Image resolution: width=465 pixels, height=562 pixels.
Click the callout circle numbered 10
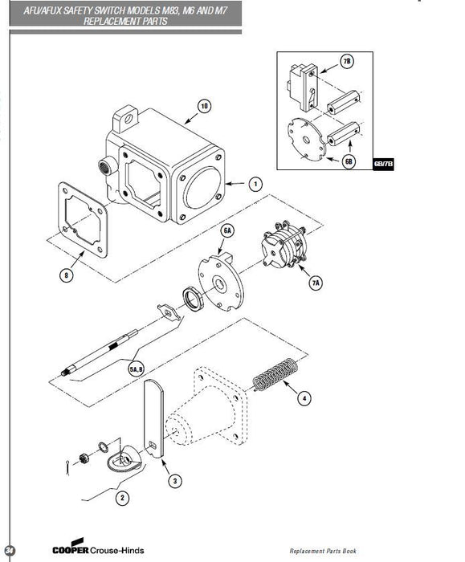pos(204,107)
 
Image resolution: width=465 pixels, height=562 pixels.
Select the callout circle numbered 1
pos(255,184)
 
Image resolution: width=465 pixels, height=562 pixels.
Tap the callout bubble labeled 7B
pos(347,61)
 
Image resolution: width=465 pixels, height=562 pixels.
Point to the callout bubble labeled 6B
pos(349,161)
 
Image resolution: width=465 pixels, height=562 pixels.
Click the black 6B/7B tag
pos(383,164)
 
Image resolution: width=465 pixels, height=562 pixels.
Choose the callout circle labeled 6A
pos(227,230)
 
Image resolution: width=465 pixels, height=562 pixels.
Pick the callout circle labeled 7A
pos(316,283)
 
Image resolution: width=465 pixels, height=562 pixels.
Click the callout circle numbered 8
pos(66,275)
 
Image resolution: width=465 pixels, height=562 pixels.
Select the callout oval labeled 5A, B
pos(137,369)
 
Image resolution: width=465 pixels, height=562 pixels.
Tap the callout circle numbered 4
pos(304,398)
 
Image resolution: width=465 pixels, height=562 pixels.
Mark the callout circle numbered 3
pos(175,481)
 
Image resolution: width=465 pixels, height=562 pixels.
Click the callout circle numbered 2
pos(122,498)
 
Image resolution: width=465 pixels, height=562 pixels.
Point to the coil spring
pos(275,375)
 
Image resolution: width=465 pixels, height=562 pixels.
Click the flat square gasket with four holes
pos(83,220)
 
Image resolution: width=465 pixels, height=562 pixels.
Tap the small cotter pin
pos(68,468)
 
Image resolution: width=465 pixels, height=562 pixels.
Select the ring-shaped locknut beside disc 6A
pos(194,299)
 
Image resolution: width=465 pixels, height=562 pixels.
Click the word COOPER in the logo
pos(70,550)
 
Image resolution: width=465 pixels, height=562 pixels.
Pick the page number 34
pos(10,550)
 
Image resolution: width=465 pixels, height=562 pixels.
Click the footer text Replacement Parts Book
pos(323,551)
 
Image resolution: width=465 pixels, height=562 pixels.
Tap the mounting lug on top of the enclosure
pos(125,117)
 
